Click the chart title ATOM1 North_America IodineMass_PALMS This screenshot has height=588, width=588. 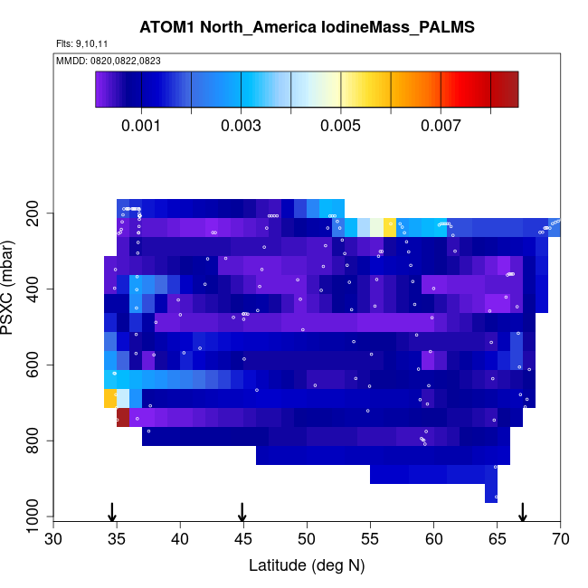[307, 27]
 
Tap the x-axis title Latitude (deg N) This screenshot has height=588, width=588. [307, 565]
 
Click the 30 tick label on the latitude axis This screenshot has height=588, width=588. [53, 540]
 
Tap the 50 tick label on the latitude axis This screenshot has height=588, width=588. [307, 540]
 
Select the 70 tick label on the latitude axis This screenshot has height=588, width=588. [560, 540]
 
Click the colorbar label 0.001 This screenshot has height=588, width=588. [141, 127]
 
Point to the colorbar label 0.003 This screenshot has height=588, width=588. [242, 127]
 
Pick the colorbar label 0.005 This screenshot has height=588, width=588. [341, 127]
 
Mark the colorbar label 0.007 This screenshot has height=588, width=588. [441, 127]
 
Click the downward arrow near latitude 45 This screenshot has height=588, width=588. [242, 512]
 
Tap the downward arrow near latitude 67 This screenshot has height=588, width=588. [522, 512]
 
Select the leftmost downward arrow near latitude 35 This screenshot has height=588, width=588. [111, 512]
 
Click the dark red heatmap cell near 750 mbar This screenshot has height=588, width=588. [123, 417]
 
